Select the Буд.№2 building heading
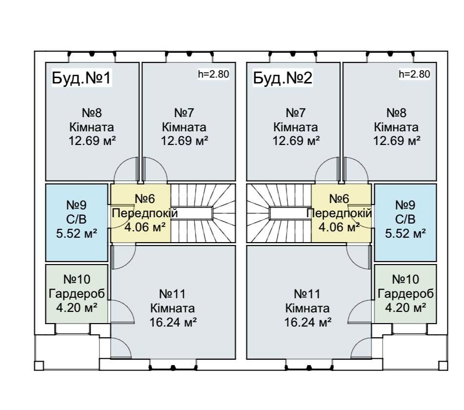point(283,78)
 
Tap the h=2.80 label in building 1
point(213,75)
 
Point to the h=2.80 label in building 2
point(414,75)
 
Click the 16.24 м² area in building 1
point(173,322)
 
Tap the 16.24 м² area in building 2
point(308,322)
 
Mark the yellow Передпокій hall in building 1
point(140,213)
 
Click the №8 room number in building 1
point(92,113)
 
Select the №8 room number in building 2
point(396,113)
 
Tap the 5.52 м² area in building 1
point(77,233)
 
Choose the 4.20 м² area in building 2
point(406,307)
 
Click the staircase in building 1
point(202,213)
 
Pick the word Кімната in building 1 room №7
point(184,127)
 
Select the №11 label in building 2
point(308,294)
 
